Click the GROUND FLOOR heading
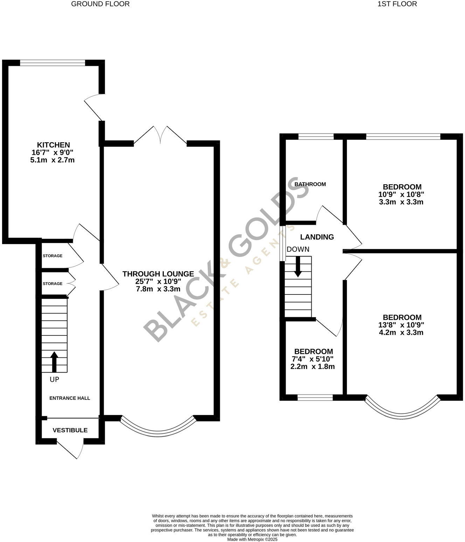[100, 4]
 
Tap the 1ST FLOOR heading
[397, 4]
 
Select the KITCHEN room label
[53, 145]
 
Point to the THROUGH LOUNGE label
[158, 274]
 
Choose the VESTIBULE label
[70, 430]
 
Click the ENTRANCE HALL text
[70, 398]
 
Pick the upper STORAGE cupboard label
[53, 256]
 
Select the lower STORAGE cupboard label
[53, 284]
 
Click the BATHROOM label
[310, 184]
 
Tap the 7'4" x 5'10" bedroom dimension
[312, 359]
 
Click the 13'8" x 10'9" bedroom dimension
[401, 325]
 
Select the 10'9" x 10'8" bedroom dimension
[401, 195]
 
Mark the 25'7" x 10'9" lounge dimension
[158, 282]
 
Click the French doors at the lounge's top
[160, 135]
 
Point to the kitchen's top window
[53, 63]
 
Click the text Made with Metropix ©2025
[252, 540]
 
